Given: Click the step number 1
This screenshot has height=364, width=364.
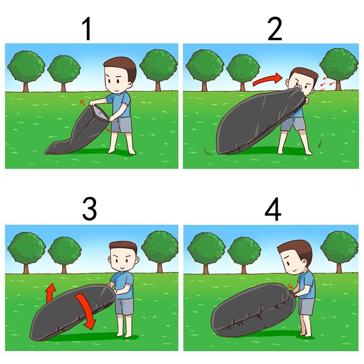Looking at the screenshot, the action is click(x=87, y=29).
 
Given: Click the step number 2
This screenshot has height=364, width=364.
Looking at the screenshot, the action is click(x=275, y=29).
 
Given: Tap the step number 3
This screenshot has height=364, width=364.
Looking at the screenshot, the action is click(x=90, y=209).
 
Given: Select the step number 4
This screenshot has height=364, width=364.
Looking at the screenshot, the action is click(x=273, y=209).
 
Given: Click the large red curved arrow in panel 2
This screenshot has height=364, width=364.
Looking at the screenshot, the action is click(x=267, y=80).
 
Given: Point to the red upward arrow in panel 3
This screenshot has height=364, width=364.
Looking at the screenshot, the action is click(x=51, y=292).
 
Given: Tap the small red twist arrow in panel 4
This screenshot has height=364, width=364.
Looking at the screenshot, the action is click(x=290, y=286).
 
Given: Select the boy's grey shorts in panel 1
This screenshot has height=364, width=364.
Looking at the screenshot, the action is click(x=121, y=125).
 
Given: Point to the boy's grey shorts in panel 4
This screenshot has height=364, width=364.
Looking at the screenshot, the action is click(x=307, y=307).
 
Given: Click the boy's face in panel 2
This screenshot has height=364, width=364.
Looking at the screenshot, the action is click(x=302, y=85).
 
